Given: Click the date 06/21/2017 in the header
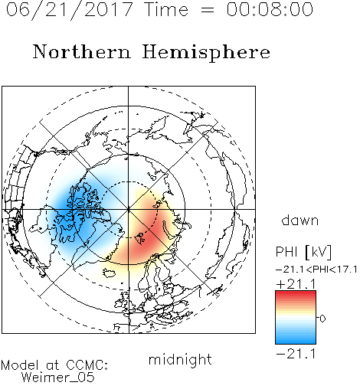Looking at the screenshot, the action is (70, 10).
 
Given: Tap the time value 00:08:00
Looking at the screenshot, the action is (270, 9).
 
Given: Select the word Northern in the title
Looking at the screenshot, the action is (82, 51).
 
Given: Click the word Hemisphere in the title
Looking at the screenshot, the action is (206, 53).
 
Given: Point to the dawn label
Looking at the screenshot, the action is (300, 220).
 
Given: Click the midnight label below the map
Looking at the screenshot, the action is (180, 359).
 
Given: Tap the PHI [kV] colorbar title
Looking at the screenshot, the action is (303, 252).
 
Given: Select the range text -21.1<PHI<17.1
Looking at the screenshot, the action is (316, 270).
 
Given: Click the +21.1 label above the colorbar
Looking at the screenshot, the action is (296, 284).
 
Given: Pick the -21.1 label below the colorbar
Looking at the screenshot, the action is (296, 354).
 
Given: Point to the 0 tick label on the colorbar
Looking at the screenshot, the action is (322, 319).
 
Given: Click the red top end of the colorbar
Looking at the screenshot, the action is (296, 293).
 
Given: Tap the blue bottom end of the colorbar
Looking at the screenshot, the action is (296, 342).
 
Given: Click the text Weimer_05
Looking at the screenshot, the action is (57, 378).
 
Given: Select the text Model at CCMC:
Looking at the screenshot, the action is (54, 365).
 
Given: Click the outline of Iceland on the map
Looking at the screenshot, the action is (109, 273).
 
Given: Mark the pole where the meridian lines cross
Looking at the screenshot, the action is (129, 210).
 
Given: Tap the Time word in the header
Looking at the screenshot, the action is (166, 9).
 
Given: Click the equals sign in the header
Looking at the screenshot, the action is (207, 10).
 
